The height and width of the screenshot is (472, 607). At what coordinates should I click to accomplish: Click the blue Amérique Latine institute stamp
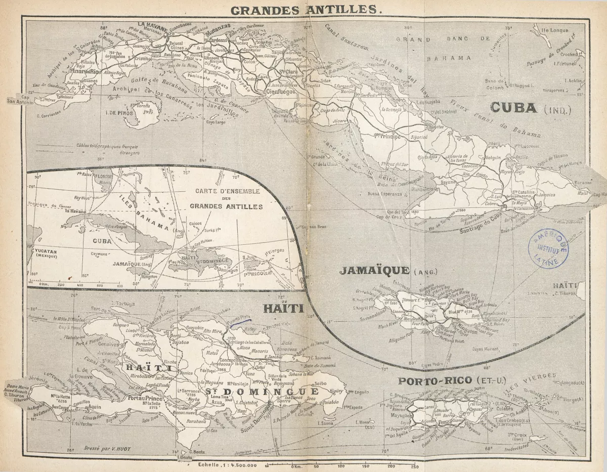point(548,248)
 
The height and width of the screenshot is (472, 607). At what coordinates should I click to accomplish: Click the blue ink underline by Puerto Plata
point(240,319)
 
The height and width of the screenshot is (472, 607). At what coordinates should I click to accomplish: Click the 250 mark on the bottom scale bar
point(414,466)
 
